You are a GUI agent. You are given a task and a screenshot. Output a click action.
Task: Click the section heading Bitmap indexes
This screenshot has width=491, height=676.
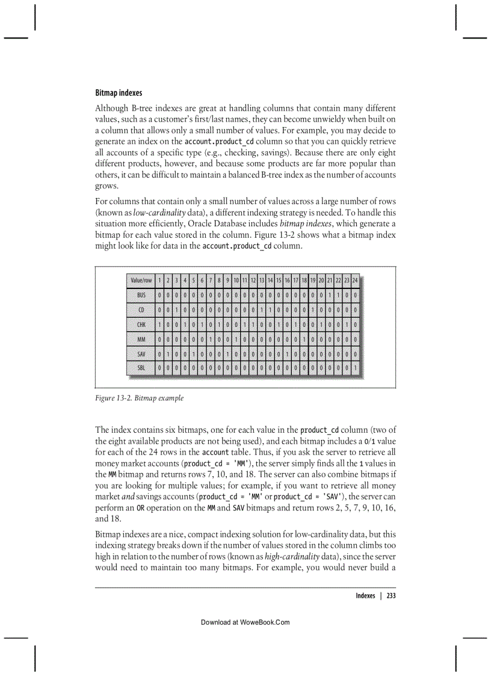click(119, 93)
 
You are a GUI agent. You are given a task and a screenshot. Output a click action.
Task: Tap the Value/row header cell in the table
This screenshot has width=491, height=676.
click(141, 281)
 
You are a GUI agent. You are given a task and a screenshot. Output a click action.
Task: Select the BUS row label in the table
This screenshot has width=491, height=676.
click(141, 295)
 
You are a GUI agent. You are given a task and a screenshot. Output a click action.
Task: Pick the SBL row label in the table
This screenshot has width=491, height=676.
click(141, 367)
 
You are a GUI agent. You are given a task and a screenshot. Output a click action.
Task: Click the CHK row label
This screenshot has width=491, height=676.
click(141, 324)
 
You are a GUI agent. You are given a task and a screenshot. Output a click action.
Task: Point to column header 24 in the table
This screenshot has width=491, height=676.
click(355, 281)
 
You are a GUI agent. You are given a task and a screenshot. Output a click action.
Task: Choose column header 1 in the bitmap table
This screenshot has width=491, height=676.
click(159, 281)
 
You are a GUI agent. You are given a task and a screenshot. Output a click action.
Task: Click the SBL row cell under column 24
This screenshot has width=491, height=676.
click(355, 367)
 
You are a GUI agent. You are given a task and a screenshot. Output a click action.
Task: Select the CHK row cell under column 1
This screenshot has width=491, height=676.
click(159, 324)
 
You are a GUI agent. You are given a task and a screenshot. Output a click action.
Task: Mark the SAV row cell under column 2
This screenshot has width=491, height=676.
click(168, 353)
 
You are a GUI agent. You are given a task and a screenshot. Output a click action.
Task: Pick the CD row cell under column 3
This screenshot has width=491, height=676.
click(176, 309)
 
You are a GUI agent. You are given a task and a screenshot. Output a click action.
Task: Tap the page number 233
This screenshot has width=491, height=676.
click(391, 596)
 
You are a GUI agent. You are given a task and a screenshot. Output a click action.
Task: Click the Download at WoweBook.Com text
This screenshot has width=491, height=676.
click(245, 622)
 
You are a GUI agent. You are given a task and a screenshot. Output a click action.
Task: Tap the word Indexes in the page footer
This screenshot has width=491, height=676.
click(365, 596)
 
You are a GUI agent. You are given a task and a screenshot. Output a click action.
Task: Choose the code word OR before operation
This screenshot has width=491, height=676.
click(140, 507)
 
